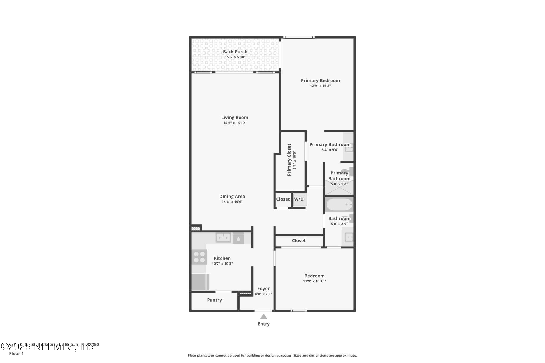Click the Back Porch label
[x=235, y=52]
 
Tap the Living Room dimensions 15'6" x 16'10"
[x=235, y=123]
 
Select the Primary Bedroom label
[x=320, y=81]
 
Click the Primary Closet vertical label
[x=289, y=160]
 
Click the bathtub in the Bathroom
[x=339, y=205]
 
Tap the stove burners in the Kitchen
[x=199, y=257]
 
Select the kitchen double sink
[x=223, y=237]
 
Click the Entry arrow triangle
[x=263, y=316]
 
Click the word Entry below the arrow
[x=263, y=324]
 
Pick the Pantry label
[x=214, y=300]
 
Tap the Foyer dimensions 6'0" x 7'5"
[x=263, y=294]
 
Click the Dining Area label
[x=232, y=197]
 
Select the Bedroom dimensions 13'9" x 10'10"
[x=314, y=281]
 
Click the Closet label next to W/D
[x=283, y=199]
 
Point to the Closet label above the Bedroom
[x=299, y=241]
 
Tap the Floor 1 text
[x=16, y=354]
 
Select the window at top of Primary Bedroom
[x=299, y=37]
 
